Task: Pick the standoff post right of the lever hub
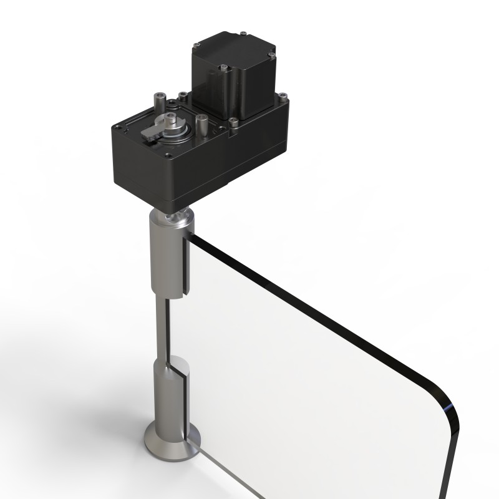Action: pos(201,121)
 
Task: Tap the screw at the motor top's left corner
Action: pos(197,44)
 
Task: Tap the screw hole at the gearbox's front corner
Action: pos(167,155)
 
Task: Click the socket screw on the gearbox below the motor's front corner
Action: pos(233,122)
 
